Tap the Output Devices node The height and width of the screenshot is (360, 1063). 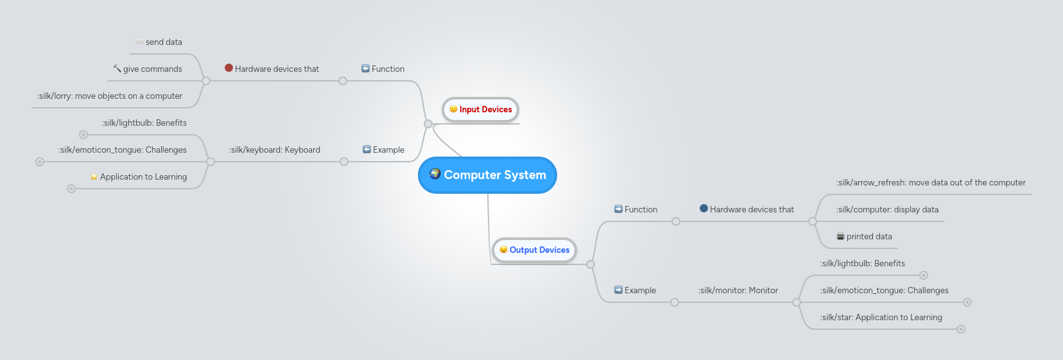pyautogui.click(x=534, y=250)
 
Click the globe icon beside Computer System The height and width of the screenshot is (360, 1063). pyautogui.click(x=435, y=174)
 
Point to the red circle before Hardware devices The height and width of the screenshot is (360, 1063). pyautogui.click(x=229, y=68)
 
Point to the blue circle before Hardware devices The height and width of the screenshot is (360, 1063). pyautogui.click(x=704, y=209)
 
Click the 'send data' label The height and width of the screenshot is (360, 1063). pyautogui.click(x=164, y=42)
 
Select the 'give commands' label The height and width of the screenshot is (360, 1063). pyautogui.click(x=152, y=69)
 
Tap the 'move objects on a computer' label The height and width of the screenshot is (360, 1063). pyautogui.click(x=110, y=96)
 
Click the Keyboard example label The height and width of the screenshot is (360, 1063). pyautogui.click(x=275, y=150)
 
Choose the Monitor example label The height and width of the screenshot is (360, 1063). pyautogui.click(x=738, y=291)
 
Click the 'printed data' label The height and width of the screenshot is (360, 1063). pyautogui.click(x=869, y=237)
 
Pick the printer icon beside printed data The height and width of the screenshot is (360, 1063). pyautogui.click(x=840, y=237)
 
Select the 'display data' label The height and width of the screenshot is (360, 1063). pyautogui.click(x=887, y=210)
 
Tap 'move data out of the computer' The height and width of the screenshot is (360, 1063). pyautogui.click(x=931, y=183)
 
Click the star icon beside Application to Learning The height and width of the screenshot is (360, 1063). pyautogui.click(x=94, y=176)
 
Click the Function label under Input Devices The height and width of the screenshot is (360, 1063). pyautogui.click(x=388, y=69)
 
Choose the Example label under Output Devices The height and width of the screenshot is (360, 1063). pyautogui.click(x=640, y=291)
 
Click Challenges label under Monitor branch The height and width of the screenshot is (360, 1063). pyautogui.click(x=884, y=291)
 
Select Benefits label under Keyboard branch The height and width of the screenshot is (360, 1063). pyautogui.click(x=144, y=123)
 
